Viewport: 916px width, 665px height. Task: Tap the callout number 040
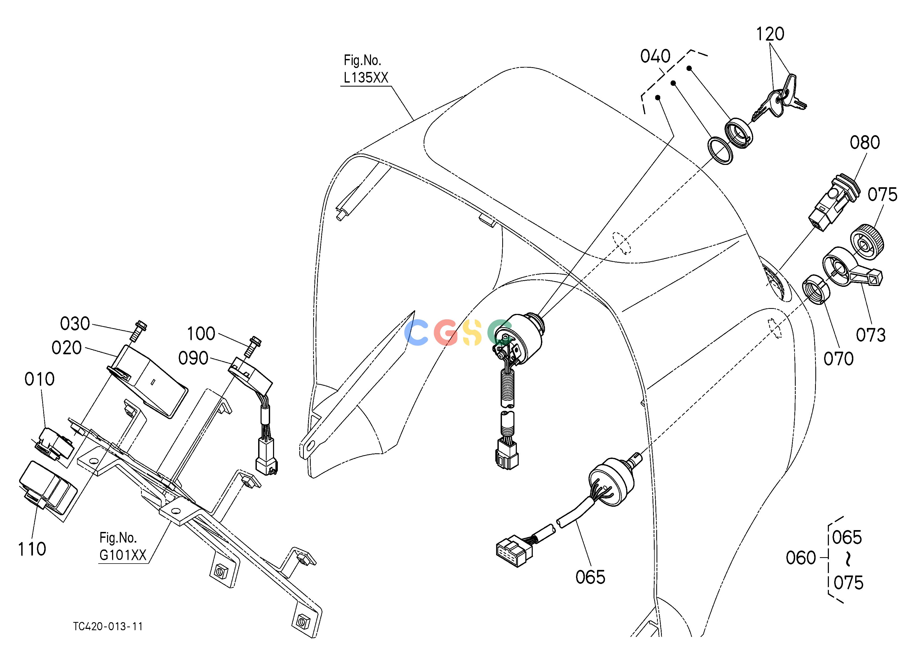point(655,57)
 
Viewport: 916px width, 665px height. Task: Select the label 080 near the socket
point(865,143)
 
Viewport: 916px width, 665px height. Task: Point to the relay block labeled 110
point(48,489)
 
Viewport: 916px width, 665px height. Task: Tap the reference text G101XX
point(123,556)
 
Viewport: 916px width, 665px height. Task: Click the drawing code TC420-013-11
point(108,626)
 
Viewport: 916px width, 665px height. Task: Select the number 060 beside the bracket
point(801,558)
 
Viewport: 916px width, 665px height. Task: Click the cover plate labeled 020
point(147,380)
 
